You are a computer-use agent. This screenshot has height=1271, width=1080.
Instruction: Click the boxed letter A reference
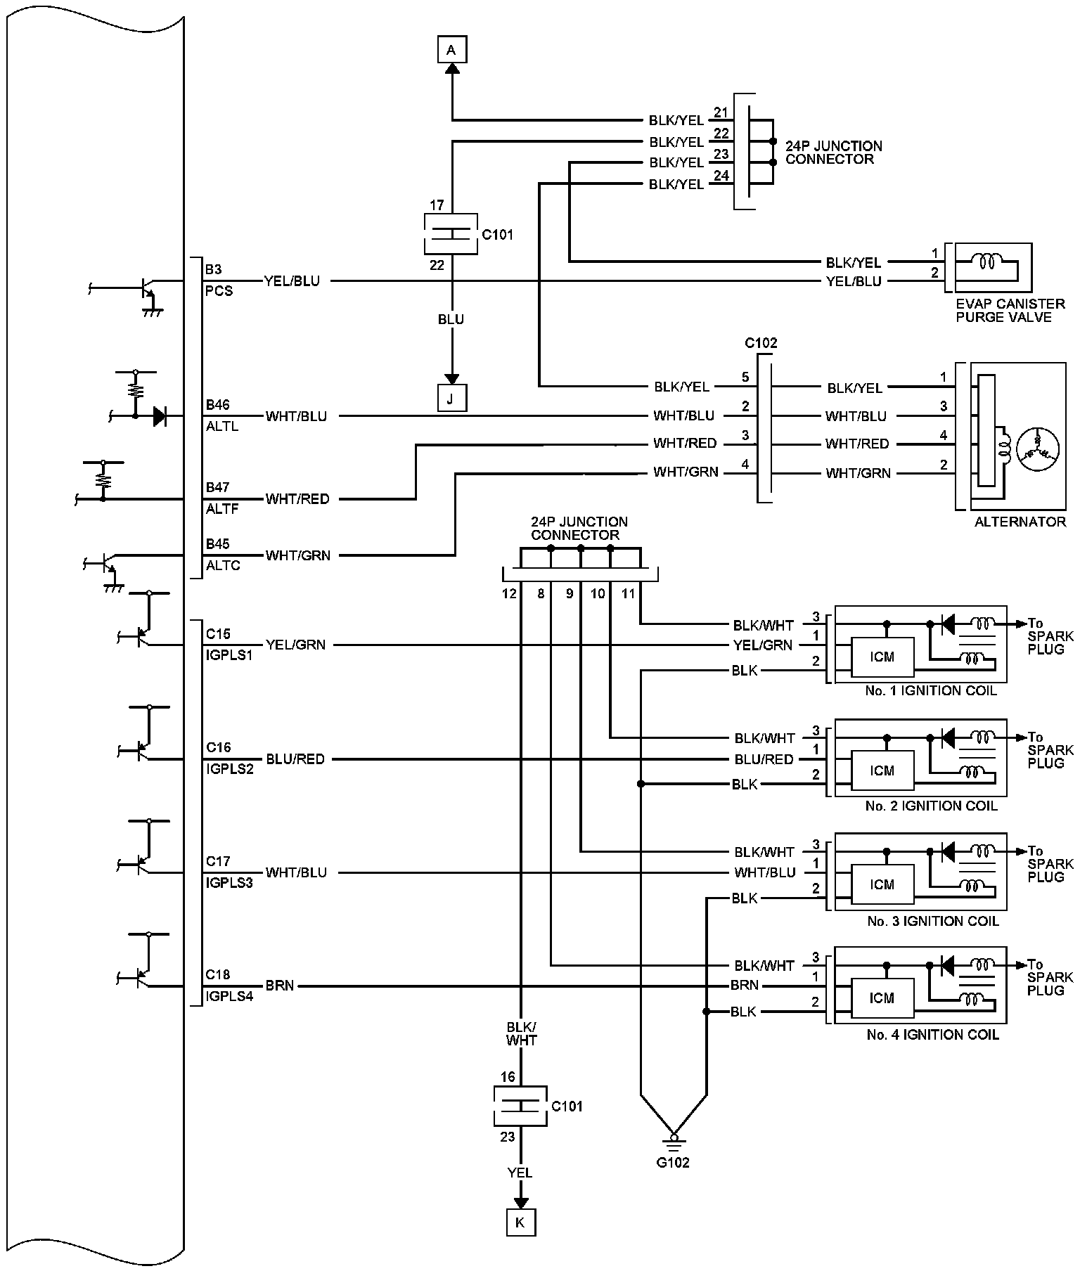coord(451,50)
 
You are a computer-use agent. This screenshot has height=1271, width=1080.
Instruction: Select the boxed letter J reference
coord(451,398)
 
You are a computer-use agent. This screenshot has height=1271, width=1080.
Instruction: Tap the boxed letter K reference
coord(520,1222)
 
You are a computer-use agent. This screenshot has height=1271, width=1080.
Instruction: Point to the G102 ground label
coord(673,1163)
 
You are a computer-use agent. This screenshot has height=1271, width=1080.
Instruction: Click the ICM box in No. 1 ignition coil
coord(882,657)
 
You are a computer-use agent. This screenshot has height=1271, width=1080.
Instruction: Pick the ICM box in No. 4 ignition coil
coord(882,998)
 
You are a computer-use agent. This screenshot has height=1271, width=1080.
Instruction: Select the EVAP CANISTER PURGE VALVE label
coord(1010,311)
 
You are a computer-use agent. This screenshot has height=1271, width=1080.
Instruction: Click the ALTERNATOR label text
coord(1020,522)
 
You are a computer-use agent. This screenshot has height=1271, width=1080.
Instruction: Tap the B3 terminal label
coord(213,269)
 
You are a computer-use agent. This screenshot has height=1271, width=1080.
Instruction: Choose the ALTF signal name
coord(223,509)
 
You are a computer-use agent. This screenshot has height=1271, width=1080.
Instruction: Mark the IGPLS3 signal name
coord(229,883)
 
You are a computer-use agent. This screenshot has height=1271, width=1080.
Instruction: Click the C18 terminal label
coord(218,975)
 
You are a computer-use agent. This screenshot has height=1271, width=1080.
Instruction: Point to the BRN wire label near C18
coord(280,986)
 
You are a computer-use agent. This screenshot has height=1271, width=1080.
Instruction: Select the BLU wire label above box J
coord(451,320)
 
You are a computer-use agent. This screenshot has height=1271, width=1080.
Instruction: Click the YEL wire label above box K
coord(520,1173)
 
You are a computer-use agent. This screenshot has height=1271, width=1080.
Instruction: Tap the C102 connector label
coord(761,344)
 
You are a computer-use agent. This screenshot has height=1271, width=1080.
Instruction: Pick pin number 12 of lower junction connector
coord(509,594)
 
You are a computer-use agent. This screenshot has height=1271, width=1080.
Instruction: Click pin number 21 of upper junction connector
coord(721,112)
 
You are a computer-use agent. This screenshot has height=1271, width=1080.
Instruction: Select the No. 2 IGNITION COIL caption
coord(931,806)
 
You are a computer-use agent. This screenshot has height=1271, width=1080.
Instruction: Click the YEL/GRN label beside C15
coord(295,645)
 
